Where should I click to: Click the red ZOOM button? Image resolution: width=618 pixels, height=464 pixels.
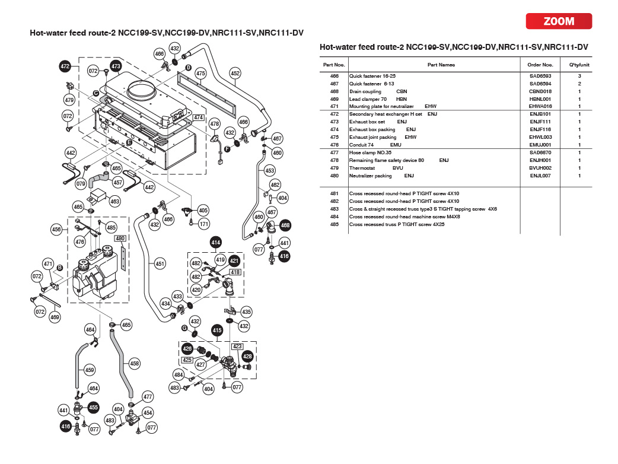pyautogui.click(x=559, y=21)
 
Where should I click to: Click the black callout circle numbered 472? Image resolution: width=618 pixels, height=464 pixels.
pyautogui.click(x=65, y=66)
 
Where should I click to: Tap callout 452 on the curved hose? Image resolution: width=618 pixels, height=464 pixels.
pyautogui.click(x=235, y=74)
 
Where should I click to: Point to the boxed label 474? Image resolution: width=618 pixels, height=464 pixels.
pyautogui.click(x=199, y=117)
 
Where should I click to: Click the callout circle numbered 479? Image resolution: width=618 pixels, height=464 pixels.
pyautogui.click(x=69, y=100)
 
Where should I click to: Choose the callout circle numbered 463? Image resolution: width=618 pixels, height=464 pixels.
pyautogui.click(x=114, y=202)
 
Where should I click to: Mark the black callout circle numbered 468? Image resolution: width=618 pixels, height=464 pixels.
pyautogui.click(x=285, y=225)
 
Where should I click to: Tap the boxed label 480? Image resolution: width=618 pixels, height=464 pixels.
pyautogui.click(x=120, y=239)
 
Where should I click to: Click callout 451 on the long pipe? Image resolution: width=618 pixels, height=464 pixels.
pyautogui.click(x=160, y=263)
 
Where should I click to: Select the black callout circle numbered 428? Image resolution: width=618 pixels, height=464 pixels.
pyautogui.click(x=247, y=356)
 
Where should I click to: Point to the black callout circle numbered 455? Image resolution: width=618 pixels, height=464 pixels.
pyautogui.click(x=93, y=408)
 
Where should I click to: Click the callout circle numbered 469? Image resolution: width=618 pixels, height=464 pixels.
pyautogui.click(x=55, y=317)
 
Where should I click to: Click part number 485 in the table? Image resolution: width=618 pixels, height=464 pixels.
pyautogui.click(x=334, y=224)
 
